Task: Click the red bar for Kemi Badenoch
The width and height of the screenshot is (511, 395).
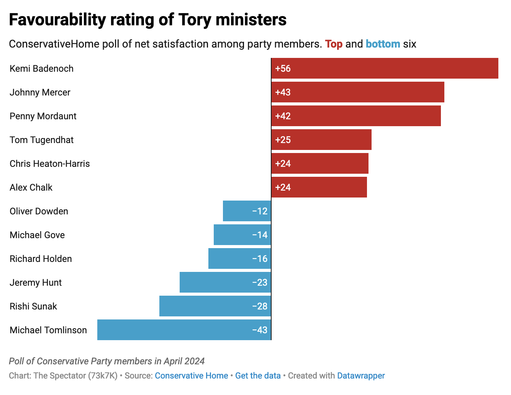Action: [x=385, y=69]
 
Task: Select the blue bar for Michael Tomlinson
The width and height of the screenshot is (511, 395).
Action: [x=184, y=330]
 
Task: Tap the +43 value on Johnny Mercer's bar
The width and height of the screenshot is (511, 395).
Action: [x=283, y=92]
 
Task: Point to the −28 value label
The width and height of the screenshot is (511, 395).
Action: [x=260, y=306]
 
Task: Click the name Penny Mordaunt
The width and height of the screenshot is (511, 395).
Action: [x=43, y=116]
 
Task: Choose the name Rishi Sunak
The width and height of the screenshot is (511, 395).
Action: [x=33, y=306]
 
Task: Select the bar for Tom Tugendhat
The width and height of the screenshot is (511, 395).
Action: [x=321, y=140]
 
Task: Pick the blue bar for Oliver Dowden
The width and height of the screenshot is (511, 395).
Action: [x=247, y=211]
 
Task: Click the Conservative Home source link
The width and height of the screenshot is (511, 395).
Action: [x=191, y=376]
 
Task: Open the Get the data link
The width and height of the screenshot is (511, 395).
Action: [x=258, y=376]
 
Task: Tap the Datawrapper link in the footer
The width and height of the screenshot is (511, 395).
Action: [x=361, y=376]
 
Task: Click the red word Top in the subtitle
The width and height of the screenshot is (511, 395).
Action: [x=334, y=44]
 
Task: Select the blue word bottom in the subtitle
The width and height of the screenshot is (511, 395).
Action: [x=383, y=44]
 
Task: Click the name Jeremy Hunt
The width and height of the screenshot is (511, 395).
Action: [x=36, y=283]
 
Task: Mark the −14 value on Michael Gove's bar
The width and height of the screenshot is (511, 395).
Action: [x=260, y=235]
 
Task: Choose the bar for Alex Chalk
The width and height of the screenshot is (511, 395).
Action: [x=319, y=188]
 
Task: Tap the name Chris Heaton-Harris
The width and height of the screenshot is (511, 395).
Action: [x=50, y=164]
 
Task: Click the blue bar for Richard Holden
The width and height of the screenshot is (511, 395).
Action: [x=239, y=259]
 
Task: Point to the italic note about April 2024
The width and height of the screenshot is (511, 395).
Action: [x=106, y=361]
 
